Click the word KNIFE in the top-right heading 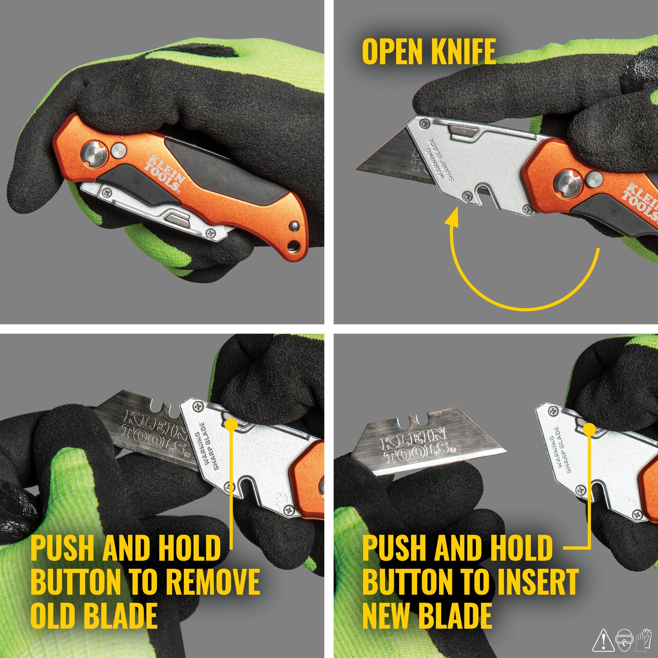point(463,51)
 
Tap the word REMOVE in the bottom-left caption point(213,581)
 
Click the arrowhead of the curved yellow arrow point(452,218)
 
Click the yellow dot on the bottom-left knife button point(231,424)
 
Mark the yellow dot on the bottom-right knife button point(589,429)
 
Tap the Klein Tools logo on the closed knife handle point(164,173)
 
